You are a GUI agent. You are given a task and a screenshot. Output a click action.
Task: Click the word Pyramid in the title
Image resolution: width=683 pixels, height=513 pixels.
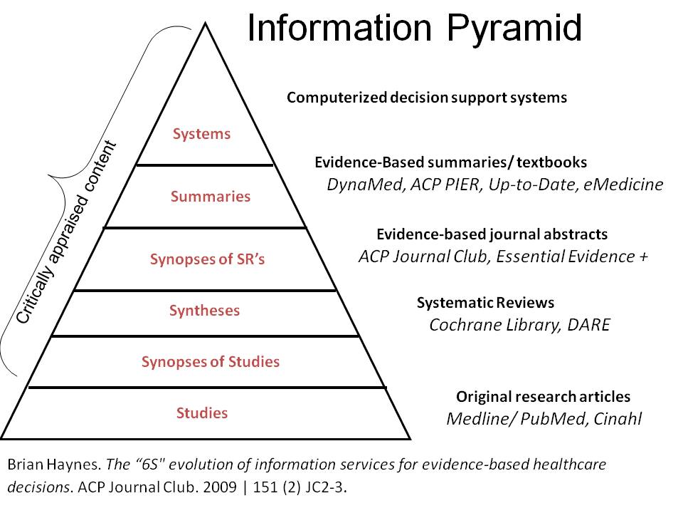514,28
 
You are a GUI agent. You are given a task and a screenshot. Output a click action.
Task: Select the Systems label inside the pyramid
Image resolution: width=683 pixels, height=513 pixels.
202,134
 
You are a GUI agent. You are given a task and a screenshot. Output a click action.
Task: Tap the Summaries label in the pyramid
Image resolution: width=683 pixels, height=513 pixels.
211,197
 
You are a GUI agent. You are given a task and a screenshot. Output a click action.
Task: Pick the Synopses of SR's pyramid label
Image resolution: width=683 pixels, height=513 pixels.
207,259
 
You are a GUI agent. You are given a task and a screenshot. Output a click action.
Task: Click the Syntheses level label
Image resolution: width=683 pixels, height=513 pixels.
204,311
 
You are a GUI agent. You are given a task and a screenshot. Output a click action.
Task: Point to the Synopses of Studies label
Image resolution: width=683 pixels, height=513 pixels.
211,362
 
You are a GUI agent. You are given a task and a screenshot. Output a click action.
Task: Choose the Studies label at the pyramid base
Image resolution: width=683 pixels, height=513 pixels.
203,413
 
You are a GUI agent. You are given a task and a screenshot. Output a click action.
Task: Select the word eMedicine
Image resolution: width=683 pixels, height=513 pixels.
628,185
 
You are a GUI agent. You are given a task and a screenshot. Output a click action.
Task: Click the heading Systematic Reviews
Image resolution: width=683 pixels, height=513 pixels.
485,303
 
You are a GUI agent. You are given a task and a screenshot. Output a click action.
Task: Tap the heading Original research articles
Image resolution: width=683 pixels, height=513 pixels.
543,397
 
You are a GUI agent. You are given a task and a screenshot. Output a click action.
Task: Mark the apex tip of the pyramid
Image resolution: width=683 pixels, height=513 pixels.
206,24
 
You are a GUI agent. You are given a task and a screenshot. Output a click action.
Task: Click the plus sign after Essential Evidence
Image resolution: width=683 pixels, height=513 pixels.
642,256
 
